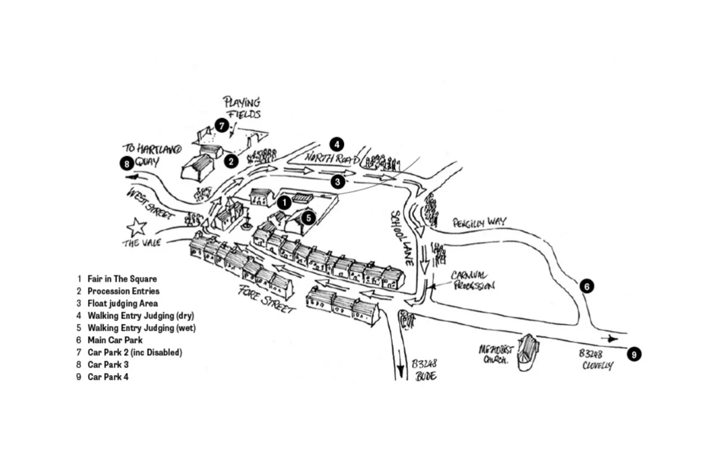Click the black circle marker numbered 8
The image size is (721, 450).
pyautogui.click(x=127, y=163)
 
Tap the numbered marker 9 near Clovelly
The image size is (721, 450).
pyautogui.click(x=634, y=354)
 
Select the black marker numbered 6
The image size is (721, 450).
pyautogui.click(x=587, y=287)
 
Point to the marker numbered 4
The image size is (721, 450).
pyautogui.click(x=337, y=144)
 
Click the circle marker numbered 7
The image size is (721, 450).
pyautogui.click(x=222, y=126)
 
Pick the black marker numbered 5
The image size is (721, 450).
pyautogui.click(x=308, y=217)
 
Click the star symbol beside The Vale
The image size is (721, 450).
pyautogui.click(x=136, y=228)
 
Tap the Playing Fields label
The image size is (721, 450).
pyautogui.click(x=243, y=108)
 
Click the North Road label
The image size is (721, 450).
pyautogui.click(x=332, y=157)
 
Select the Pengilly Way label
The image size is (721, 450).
pyautogui.click(x=479, y=222)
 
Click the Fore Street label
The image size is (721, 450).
pyautogui.click(x=266, y=298)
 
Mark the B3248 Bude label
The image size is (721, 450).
pyautogui.click(x=426, y=370)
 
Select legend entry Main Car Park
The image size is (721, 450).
pyautogui.click(x=115, y=340)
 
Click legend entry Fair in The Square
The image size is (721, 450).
pyautogui.click(x=122, y=279)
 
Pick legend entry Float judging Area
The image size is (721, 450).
pyautogui.click(x=122, y=303)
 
